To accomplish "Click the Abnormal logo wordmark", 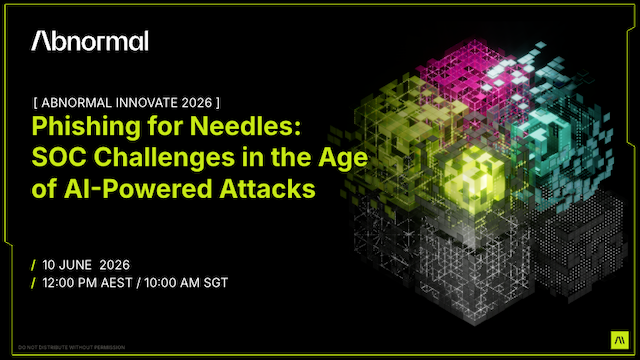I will tap(90, 41).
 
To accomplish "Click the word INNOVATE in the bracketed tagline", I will tap(136, 103).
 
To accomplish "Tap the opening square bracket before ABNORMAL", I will tap(36, 103).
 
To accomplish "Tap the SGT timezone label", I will tap(215, 283).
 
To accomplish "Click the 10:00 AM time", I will tap(171, 283).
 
